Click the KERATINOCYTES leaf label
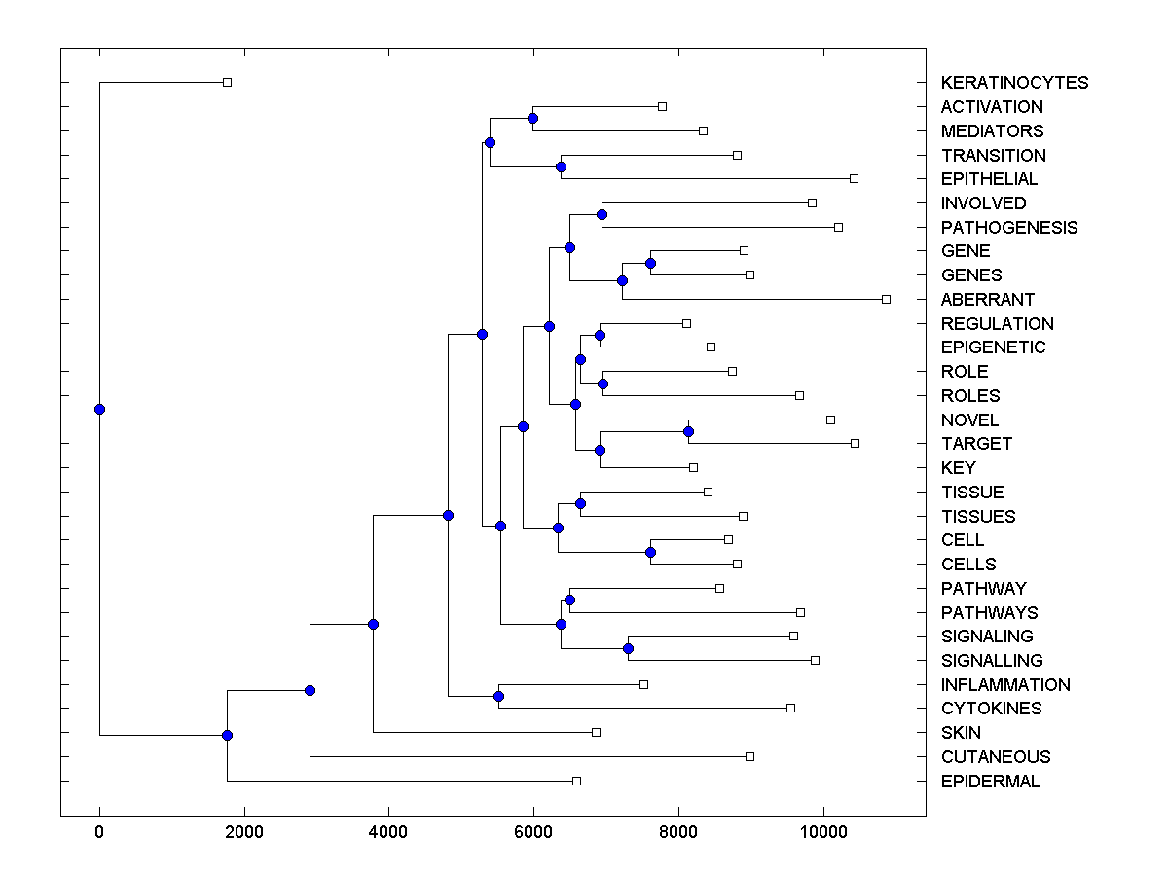coord(1014,83)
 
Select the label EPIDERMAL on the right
coord(990,782)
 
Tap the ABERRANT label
coord(988,300)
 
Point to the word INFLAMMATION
coord(1005,685)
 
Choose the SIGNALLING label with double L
coord(992,661)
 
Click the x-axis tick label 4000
coord(388,831)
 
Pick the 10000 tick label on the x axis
coord(823,831)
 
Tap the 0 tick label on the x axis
coord(99,831)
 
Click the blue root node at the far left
coord(99,409)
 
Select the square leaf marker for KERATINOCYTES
coord(227,83)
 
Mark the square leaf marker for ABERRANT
coord(886,299)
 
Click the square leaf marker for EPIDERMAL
coord(576,781)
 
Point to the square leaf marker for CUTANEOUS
coord(749,756)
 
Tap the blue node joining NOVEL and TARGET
coord(688,431)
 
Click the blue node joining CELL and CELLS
coord(650,552)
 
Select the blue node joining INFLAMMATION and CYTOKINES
coord(498,696)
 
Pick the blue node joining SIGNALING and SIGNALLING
coord(628,648)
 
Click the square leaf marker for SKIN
coord(596,732)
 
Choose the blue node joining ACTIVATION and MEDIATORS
coord(532,118)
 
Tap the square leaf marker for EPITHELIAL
coord(854,178)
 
